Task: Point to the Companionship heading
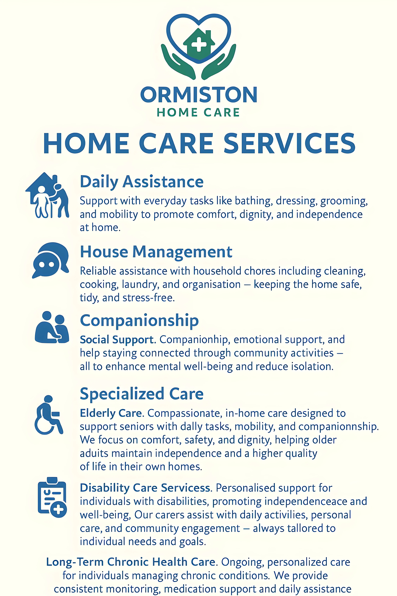tap(139, 321)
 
